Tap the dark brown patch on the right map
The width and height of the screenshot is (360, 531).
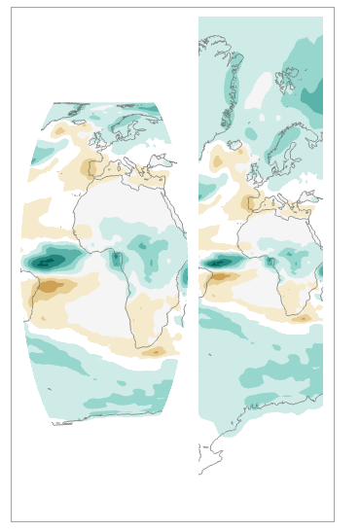click(220, 277)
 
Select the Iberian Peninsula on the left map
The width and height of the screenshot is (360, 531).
click(98, 168)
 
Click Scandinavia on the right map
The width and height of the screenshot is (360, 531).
click(282, 146)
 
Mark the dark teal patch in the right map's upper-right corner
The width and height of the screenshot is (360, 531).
click(312, 98)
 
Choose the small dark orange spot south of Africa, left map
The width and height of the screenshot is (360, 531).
click(154, 352)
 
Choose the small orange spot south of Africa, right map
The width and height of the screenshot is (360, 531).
click(303, 318)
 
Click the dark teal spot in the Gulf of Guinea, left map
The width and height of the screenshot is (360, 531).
click(117, 259)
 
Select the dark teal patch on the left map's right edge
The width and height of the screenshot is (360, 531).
click(184, 276)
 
